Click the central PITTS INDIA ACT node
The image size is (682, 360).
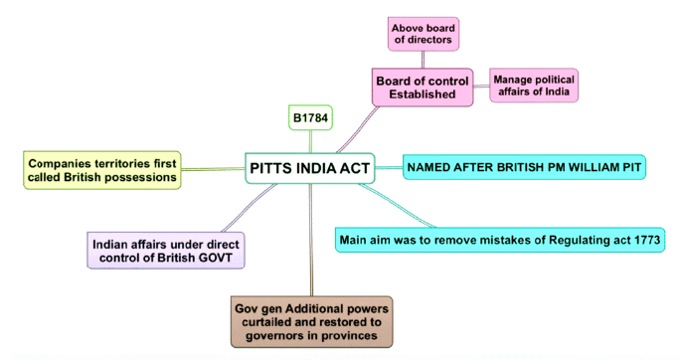310,168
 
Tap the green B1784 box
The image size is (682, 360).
309,117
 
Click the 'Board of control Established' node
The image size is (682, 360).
423,87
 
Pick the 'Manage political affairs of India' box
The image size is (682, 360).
534,85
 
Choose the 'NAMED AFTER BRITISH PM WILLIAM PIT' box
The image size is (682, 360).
524,167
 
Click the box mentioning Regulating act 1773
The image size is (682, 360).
499,240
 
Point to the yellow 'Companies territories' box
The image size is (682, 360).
102,169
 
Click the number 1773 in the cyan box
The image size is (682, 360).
642,240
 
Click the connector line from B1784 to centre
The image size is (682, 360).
309,140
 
